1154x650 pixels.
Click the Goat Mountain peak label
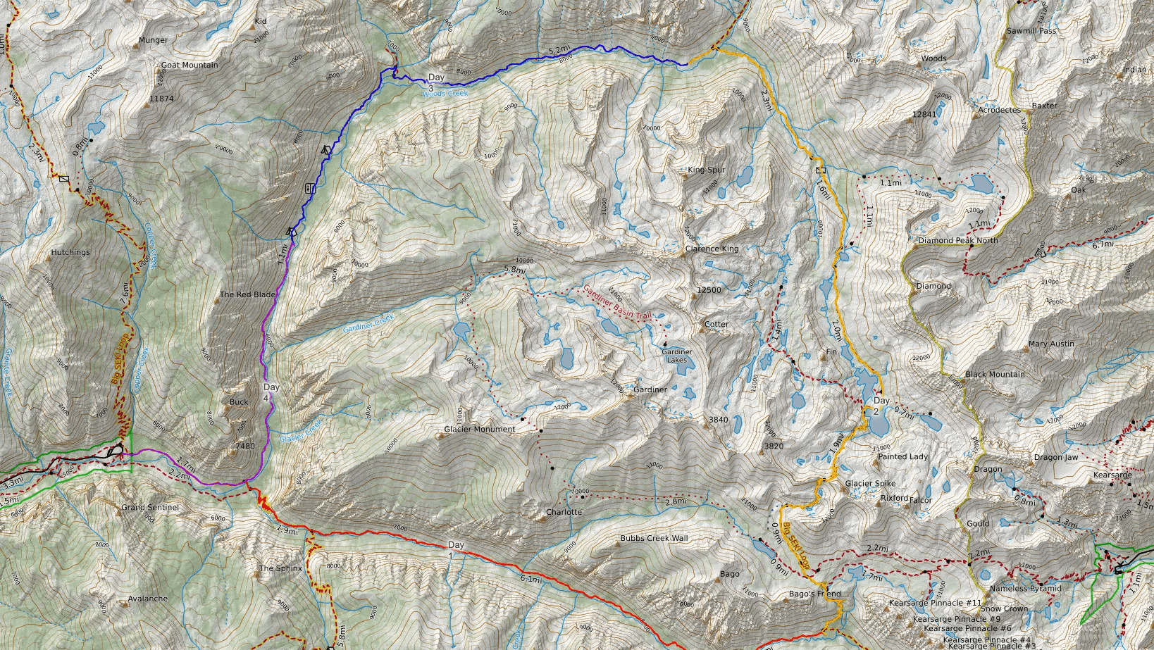190,65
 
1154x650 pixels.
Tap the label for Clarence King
712,249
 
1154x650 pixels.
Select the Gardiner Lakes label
676,356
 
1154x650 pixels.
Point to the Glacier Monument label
479,429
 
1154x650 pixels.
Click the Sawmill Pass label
1031,31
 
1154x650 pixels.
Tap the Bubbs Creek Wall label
654,538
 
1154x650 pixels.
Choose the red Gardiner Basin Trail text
616,303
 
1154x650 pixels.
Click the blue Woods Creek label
445,93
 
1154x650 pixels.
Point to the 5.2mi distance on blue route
558,51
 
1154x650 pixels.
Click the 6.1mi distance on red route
531,580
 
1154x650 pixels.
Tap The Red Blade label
247,294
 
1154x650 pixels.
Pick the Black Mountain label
995,374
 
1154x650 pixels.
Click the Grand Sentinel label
150,507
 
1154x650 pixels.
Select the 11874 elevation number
161,99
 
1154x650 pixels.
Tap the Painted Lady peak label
902,456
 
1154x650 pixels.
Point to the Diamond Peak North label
957,240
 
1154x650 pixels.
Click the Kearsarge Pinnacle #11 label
935,603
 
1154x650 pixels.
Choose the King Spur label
706,170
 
